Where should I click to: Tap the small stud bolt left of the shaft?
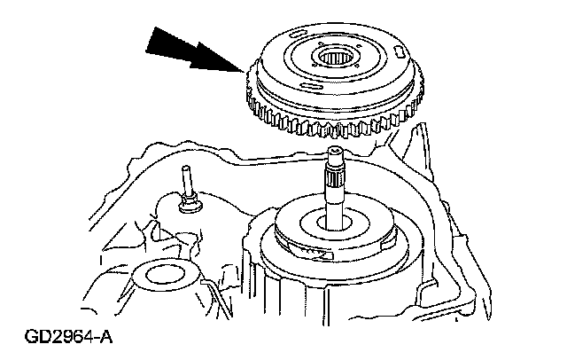coord(188,187)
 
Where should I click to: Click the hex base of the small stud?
coord(189,207)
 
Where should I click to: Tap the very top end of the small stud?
coord(187,169)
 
